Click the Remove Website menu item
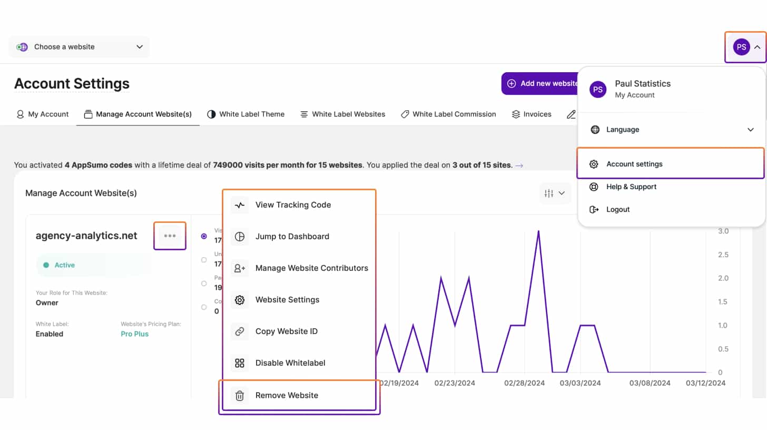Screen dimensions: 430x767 (x=287, y=395)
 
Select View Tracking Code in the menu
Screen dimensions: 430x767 (x=293, y=205)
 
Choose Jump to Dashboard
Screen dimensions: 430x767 (x=292, y=237)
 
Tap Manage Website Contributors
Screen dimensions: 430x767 (x=311, y=268)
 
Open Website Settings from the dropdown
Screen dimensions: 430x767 (x=287, y=300)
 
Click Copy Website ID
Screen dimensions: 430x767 (x=286, y=331)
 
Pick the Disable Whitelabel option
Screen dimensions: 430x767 (x=290, y=363)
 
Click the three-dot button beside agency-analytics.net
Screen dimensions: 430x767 (x=170, y=236)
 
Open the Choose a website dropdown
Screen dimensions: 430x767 (x=79, y=47)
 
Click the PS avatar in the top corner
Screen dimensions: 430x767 (x=741, y=47)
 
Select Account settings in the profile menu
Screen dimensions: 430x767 (x=634, y=164)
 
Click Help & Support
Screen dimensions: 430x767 (x=631, y=187)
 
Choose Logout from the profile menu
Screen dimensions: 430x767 (x=617, y=209)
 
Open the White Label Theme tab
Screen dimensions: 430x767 (x=246, y=114)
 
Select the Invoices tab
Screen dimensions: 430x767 (x=532, y=114)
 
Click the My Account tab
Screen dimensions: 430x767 (x=43, y=114)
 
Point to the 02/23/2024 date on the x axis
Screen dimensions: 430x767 (x=455, y=383)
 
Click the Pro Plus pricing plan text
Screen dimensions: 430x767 (x=135, y=334)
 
